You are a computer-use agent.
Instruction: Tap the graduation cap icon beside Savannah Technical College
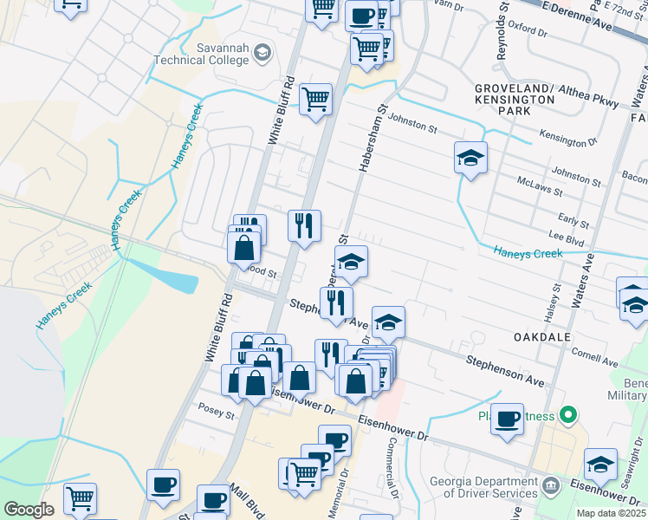click(x=261, y=55)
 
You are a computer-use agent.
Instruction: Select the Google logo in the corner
click(x=29, y=510)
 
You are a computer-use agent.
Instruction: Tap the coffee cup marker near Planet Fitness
click(x=508, y=419)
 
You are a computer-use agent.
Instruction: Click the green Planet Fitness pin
click(x=568, y=416)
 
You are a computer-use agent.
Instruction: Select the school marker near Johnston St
click(x=470, y=158)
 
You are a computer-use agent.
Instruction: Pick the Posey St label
click(x=217, y=413)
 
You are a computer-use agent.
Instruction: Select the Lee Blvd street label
click(x=567, y=234)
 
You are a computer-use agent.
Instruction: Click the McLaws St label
click(x=540, y=189)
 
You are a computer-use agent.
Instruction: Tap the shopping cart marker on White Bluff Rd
click(x=316, y=100)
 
